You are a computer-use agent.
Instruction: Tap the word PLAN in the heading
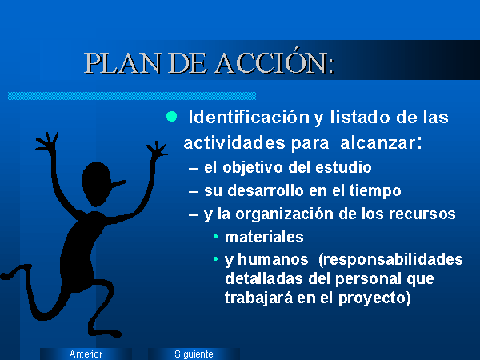click(122, 63)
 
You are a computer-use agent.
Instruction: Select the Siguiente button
click(194, 354)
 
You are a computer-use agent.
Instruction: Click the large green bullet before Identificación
click(171, 117)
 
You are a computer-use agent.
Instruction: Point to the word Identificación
click(249, 117)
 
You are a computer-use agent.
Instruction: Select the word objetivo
click(253, 168)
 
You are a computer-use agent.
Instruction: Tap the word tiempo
click(375, 191)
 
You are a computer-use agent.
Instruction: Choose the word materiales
click(264, 237)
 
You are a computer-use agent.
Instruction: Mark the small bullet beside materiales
click(216, 237)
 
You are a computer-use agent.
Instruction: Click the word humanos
click(273, 259)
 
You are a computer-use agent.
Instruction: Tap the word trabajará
click(258, 298)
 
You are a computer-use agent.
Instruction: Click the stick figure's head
click(97, 184)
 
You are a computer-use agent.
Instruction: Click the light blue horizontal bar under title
click(132, 96)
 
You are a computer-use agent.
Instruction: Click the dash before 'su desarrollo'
click(193, 192)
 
